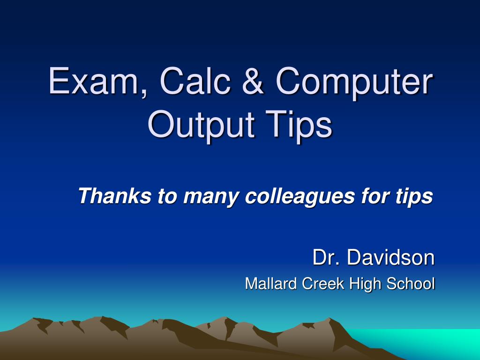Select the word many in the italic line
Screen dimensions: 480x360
(x=211, y=197)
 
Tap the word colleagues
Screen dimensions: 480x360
(x=300, y=197)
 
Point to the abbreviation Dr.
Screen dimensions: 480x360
(x=326, y=257)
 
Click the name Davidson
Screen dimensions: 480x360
(x=390, y=257)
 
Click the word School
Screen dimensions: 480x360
(x=410, y=284)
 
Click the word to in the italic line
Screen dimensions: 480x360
(x=167, y=196)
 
